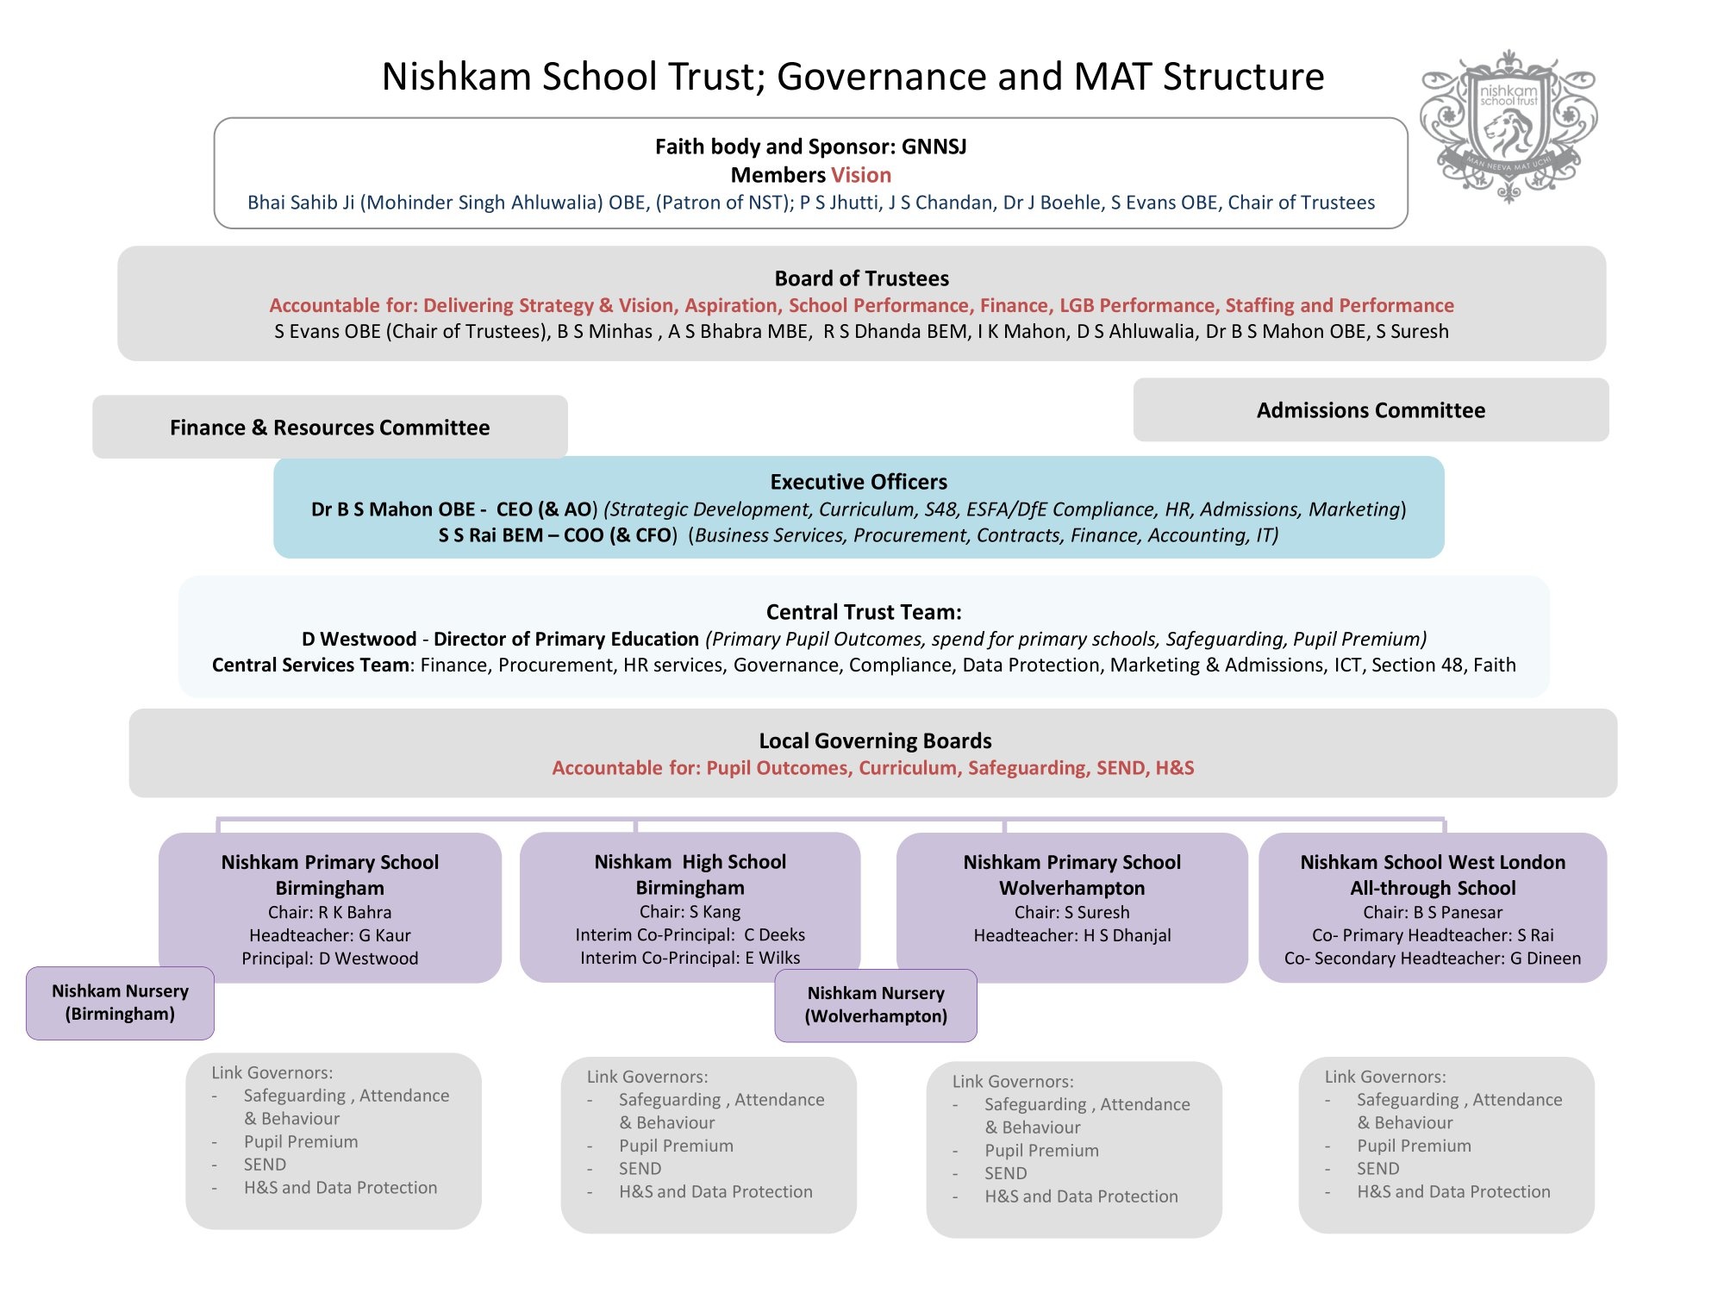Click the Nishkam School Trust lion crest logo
click(x=1508, y=127)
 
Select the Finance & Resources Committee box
click(x=330, y=427)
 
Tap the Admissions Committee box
click(x=1371, y=409)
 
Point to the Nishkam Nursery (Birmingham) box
click(x=120, y=1003)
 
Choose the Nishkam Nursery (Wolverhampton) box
click(x=876, y=1005)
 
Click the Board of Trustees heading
click(x=862, y=278)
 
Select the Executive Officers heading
click(x=859, y=482)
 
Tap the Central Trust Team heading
click(x=864, y=612)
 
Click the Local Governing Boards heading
click(x=875, y=740)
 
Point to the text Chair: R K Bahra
click(x=329, y=912)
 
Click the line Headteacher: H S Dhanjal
click(x=1072, y=935)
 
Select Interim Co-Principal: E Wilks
click(x=690, y=958)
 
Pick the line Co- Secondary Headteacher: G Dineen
click(x=1433, y=958)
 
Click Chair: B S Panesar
click(x=1433, y=912)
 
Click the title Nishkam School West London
click(x=1433, y=862)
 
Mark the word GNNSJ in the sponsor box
click(x=934, y=147)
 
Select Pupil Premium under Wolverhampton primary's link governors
click(x=1041, y=1150)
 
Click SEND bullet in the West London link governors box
click(x=1377, y=1168)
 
